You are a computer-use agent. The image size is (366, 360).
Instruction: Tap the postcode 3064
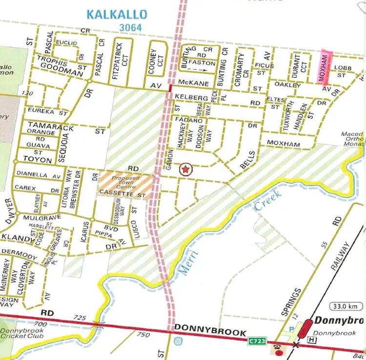click(x=129, y=28)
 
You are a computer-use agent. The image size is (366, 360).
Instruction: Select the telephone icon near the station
click(x=278, y=348)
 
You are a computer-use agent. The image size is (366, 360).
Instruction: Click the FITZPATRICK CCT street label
click(x=120, y=61)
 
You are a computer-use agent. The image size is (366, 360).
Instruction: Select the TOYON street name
click(x=37, y=160)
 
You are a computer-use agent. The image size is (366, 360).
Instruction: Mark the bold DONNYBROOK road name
click(x=209, y=333)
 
